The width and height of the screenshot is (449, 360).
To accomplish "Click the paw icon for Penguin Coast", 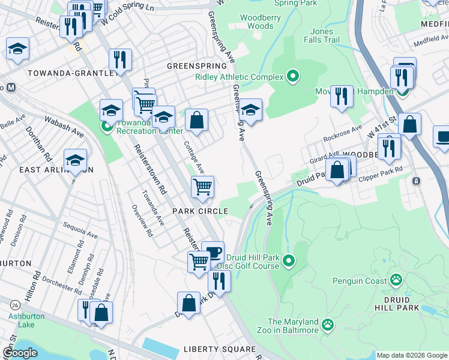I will tap(396, 280).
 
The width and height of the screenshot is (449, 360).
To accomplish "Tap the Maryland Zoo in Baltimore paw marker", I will tap(327, 326).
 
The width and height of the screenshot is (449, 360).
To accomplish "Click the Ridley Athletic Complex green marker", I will tap(293, 76).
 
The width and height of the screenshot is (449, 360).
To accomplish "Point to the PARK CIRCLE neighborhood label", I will tap(200, 211).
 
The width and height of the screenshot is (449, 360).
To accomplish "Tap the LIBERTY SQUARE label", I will tap(219, 349).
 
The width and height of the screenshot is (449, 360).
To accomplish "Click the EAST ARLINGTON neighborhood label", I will tap(56, 170).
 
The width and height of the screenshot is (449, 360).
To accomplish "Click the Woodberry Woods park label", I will tap(260, 22).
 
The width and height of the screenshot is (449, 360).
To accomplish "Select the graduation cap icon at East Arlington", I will tap(75, 160).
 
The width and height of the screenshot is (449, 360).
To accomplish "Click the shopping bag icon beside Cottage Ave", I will tap(196, 120).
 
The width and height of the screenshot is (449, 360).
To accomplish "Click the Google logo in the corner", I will tap(20, 353).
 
